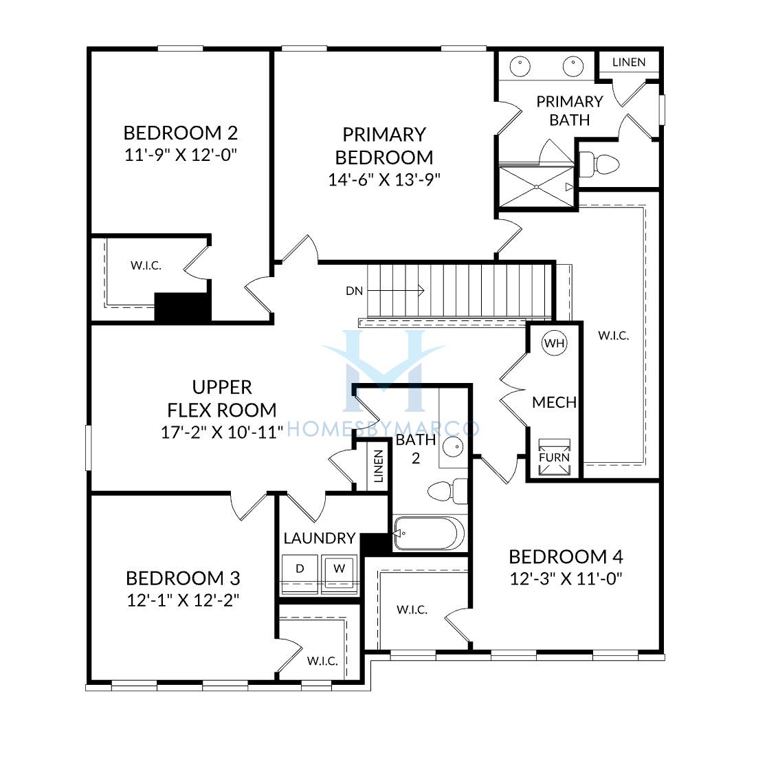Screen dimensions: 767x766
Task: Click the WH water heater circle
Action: [554, 343]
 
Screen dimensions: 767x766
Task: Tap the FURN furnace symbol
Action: [554, 457]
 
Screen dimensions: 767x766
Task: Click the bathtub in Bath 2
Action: [429, 533]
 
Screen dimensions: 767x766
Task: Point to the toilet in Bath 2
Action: [447, 491]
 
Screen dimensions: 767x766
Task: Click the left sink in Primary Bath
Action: [520, 67]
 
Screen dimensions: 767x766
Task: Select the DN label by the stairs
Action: [354, 291]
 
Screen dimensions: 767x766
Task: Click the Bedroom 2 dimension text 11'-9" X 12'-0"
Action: [181, 155]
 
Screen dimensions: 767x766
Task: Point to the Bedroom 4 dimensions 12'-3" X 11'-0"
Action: [566, 579]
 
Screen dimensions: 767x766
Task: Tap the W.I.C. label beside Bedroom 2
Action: [146, 266]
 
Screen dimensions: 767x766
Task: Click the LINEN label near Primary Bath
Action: [629, 62]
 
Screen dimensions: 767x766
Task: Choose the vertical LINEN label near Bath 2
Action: [378, 466]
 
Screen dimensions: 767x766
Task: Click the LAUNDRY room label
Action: [320, 538]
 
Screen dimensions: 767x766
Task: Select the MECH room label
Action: [554, 402]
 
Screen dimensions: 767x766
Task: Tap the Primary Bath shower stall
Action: [536, 186]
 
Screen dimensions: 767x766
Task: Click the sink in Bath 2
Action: [454, 446]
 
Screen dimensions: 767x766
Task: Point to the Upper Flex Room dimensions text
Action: [222, 433]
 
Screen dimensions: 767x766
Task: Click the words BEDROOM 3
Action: [183, 578]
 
